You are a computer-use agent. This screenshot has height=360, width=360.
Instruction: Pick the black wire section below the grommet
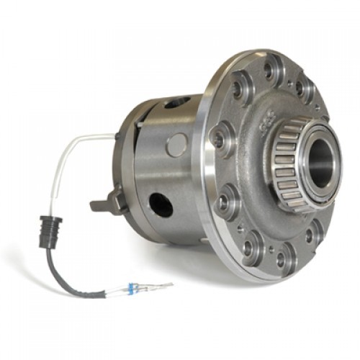pyautogui.click(x=65, y=270)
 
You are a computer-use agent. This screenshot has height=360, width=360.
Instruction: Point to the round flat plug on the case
pyautogui.click(x=176, y=144)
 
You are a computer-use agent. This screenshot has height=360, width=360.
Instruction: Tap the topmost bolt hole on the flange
pyautogui.click(x=271, y=71)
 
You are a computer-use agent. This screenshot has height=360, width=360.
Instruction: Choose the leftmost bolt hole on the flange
pyautogui.click(x=217, y=139)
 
